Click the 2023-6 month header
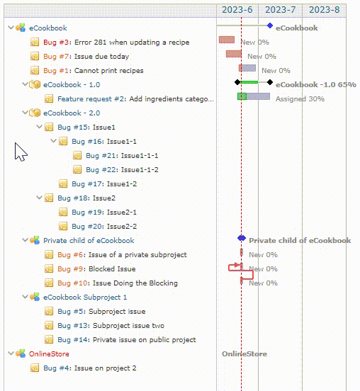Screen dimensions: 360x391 click(x=237, y=10)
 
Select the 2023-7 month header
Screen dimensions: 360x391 click(x=280, y=10)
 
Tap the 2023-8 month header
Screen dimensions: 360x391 click(x=324, y=10)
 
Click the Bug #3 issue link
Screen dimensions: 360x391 click(x=56, y=42)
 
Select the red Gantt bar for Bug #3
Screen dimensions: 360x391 click(x=227, y=40)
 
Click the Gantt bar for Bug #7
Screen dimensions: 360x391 click(x=234, y=54)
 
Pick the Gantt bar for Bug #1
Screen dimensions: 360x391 click(x=247, y=68)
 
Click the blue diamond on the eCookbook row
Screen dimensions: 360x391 click(x=270, y=25)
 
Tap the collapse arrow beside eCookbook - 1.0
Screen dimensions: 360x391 click(x=25, y=84)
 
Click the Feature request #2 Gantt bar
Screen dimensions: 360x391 click(x=254, y=96)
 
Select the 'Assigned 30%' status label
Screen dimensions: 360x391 click(x=300, y=99)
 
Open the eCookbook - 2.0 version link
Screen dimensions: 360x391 click(x=72, y=113)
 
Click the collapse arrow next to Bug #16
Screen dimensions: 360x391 click(x=53, y=141)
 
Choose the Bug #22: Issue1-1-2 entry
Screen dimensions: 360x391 click(x=123, y=170)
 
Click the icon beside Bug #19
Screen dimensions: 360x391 click(x=63, y=212)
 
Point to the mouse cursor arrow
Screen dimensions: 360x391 click(x=21, y=152)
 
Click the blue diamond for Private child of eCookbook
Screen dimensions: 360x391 click(x=242, y=238)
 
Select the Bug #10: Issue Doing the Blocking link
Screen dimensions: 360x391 click(x=118, y=283)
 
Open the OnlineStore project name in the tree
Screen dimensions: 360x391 click(x=49, y=354)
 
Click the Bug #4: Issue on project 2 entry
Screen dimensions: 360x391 click(x=90, y=368)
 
